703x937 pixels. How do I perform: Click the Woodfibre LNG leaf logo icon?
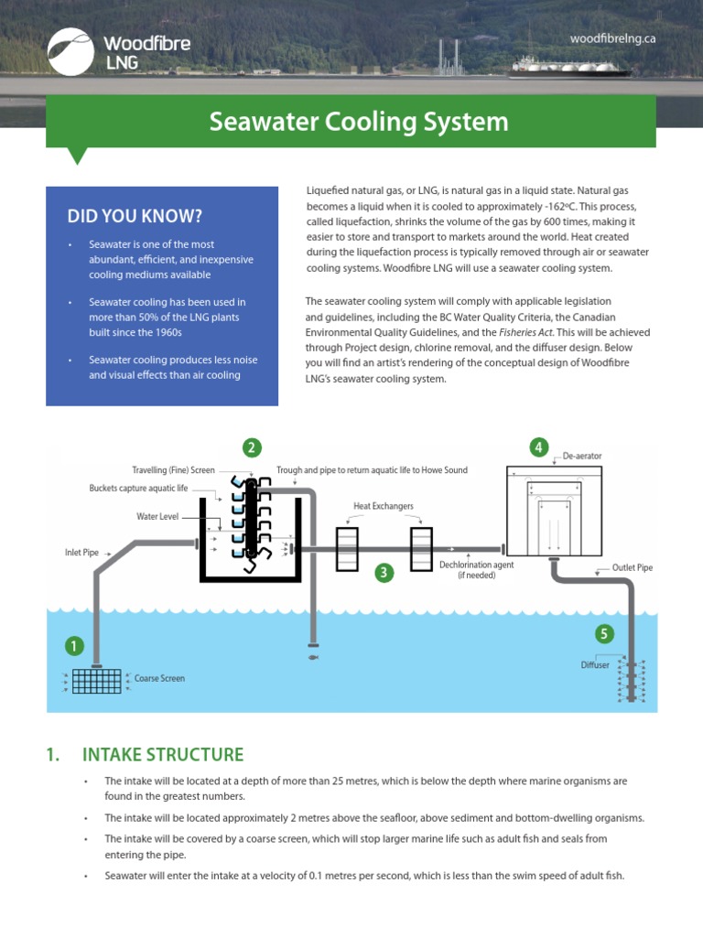pyautogui.click(x=70, y=50)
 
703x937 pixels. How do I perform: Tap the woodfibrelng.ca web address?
pyautogui.click(x=612, y=38)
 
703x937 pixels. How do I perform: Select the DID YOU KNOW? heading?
pyautogui.click(x=135, y=216)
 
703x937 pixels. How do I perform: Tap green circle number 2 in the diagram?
pyautogui.click(x=252, y=447)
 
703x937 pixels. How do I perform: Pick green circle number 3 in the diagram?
pyautogui.click(x=384, y=573)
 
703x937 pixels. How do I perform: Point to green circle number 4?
pyautogui.click(x=539, y=447)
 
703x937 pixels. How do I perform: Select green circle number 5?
pyautogui.click(x=603, y=633)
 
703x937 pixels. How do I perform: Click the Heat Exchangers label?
pyautogui.click(x=384, y=506)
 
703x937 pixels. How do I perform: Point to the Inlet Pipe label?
pyautogui.click(x=81, y=553)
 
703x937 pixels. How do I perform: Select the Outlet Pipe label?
pyautogui.click(x=633, y=567)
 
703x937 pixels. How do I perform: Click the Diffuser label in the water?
pyautogui.click(x=595, y=665)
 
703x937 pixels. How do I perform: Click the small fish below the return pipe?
pyautogui.click(x=313, y=656)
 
